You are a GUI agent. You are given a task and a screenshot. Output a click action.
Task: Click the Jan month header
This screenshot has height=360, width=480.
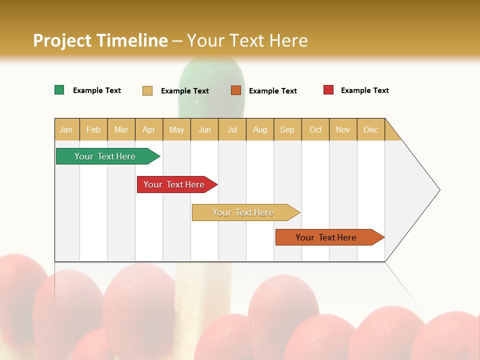coord(66,129)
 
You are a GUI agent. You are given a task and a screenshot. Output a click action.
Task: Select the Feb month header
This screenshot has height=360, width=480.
coord(93,129)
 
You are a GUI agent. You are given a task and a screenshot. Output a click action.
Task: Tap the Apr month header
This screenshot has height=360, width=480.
coord(148,129)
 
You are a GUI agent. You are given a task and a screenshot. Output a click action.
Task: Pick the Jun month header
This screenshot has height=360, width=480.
coord(204,129)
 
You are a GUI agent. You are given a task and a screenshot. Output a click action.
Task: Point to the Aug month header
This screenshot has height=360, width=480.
coord(259,129)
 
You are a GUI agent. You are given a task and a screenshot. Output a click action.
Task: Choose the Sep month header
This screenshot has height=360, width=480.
coord(287,129)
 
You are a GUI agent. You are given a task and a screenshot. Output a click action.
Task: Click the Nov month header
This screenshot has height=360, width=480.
coord(342,129)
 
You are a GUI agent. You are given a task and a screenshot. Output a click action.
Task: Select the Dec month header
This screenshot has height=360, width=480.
coord(370,129)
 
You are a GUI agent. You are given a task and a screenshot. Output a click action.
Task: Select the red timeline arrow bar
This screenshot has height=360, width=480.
coord(175,184)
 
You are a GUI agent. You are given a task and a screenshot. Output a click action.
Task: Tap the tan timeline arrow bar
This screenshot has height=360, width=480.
coord(244,212)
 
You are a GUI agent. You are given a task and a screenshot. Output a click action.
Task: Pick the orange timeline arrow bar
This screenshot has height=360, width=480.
coord(327,237)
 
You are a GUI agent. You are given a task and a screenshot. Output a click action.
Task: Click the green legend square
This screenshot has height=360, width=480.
coord(59,90)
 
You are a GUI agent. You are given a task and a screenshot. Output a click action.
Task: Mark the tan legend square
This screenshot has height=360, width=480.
coord(147,90)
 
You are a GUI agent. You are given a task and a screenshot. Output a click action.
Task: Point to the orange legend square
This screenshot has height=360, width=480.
coord(236,90)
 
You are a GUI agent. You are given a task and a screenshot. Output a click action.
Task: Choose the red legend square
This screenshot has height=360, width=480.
coord(328,90)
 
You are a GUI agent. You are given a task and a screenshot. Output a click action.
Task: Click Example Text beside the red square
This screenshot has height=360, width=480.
coord(364,90)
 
